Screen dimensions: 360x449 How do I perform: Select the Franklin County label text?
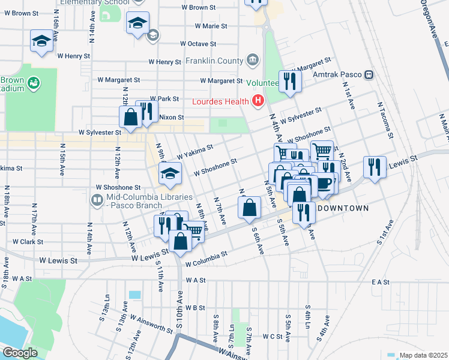point(214,61)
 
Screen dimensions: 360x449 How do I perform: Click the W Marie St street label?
point(206,26)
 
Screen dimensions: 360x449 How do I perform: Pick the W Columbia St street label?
point(206,259)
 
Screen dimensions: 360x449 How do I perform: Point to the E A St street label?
point(381,281)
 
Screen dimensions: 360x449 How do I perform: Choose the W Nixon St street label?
point(167,117)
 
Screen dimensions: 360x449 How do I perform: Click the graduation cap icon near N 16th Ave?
point(41,41)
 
